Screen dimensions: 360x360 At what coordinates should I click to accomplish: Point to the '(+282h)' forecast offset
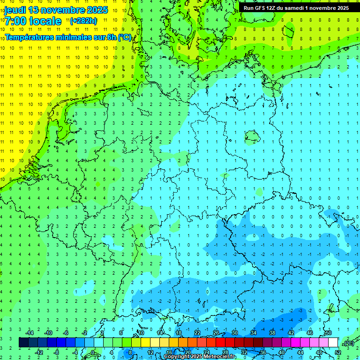click(x=83, y=21)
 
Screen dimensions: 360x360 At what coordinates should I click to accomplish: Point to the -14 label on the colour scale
click(x=29, y=333)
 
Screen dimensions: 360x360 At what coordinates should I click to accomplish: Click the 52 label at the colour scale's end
click(x=337, y=352)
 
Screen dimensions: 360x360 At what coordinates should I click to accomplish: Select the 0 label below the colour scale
click(x=93, y=352)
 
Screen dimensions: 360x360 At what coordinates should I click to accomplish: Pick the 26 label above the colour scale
click(x=216, y=333)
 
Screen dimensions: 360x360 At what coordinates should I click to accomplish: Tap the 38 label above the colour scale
click(x=272, y=333)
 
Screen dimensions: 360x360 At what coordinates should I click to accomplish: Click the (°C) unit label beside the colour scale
click(x=348, y=343)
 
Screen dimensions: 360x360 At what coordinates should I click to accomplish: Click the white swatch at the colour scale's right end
click(x=333, y=343)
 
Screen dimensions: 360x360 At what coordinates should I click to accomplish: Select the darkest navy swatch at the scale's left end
click(x=23, y=343)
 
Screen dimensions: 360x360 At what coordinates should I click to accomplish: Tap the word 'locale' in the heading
click(x=45, y=21)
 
